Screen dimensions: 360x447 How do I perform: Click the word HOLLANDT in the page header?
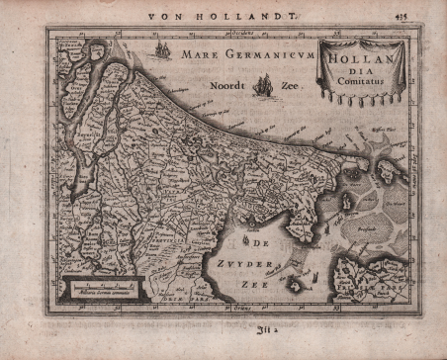[237, 15]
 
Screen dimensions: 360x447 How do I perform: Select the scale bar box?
[98, 288]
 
